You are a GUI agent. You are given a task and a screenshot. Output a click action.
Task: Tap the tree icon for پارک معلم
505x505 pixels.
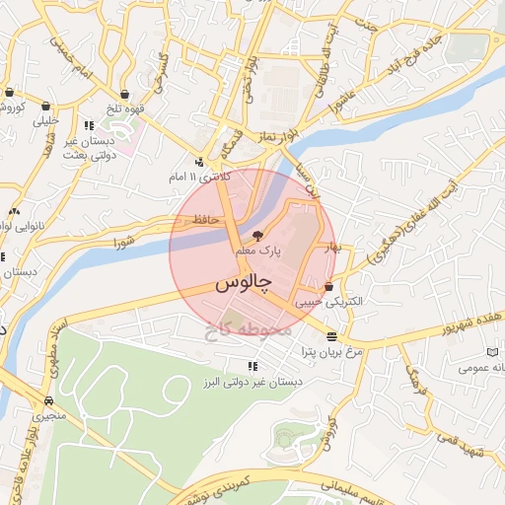click(x=257, y=236)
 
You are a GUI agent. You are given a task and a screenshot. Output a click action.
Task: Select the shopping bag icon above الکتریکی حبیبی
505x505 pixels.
click(x=341, y=287)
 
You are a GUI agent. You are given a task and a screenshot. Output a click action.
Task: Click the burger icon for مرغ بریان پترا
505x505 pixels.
click(x=329, y=336)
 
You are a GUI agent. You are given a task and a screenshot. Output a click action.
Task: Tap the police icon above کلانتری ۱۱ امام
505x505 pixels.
click(x=200, y=163)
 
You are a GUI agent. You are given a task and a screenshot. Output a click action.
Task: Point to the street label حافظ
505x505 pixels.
click(x=204, y=218)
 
